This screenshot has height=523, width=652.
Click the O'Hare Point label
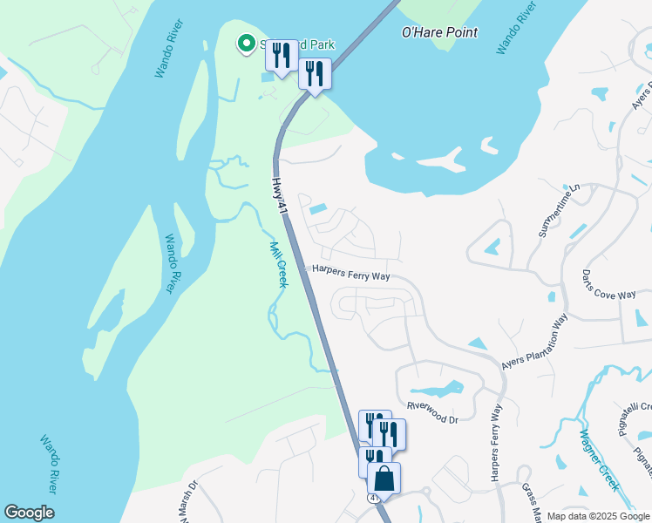pyautogui.click(x=439, y=33)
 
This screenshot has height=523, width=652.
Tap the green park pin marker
pyautogui.click(x=246, y=43)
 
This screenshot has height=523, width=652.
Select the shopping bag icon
pyautogui.click(x=384, y=479)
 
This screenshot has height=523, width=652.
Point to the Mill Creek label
pyautogui.click(x=278, y=264)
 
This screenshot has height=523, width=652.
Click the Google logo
pyautogui.click(x=29, y=513)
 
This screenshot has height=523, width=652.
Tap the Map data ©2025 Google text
pyautogui.click(x=598, y=516)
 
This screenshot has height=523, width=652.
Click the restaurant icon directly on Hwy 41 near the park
pyautogui.click(x=315, y=73)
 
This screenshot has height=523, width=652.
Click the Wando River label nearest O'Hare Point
pyautogui.click(x=514, y=28)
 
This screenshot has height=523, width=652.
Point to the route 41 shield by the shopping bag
pyautogui.click(x=372, y=498)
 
